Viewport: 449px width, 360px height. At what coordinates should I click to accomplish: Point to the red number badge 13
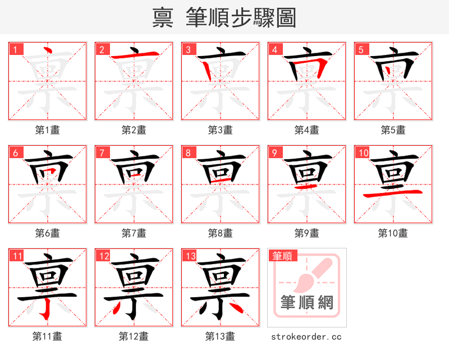coord(190,256)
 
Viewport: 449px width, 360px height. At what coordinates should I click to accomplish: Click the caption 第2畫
coord(134,130)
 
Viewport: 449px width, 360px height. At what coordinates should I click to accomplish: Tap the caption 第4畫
coord(306,130)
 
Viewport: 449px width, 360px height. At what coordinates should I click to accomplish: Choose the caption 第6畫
coord(47,233)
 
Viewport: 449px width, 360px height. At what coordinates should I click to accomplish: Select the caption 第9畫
coord(306,233)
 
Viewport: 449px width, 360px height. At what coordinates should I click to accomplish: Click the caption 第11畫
coord(47,336)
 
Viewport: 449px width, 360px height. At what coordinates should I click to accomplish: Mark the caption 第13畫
coord(220,336)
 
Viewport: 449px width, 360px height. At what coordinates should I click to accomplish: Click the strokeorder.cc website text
coord(306,336)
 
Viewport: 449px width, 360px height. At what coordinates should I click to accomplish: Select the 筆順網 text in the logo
coord(307,303)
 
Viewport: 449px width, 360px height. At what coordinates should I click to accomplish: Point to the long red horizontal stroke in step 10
coord(393,193)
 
